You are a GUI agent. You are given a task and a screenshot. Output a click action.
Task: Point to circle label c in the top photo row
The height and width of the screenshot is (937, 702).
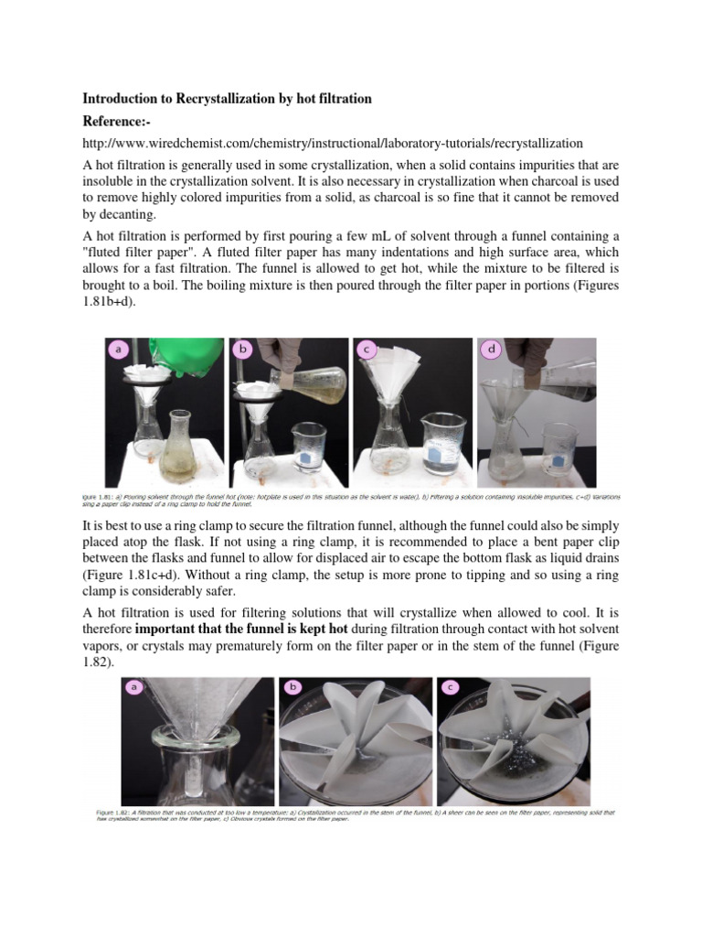pyautogui.click(x=367, y=349)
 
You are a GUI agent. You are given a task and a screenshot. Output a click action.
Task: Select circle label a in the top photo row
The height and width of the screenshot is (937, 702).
pyautogui.click(x=118, y=350)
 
